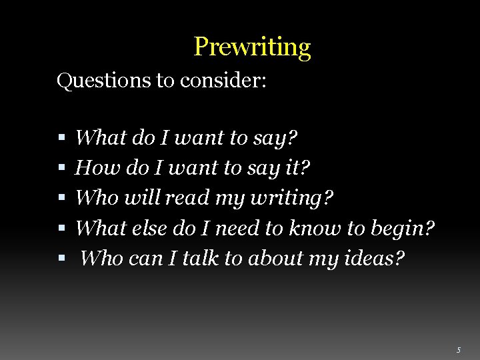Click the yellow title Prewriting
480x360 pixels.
tap(252, 47)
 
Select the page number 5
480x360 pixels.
tap(458, 350)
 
